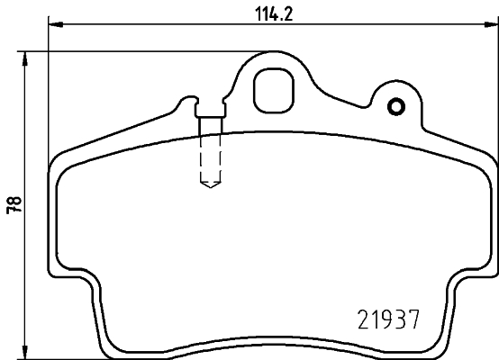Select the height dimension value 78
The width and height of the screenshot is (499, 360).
[x=12, y=204]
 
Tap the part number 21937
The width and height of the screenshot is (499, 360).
[x=385, y=319]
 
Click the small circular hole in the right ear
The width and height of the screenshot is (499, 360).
[x=395, y=109]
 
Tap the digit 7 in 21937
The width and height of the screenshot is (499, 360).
[x=414, y=319]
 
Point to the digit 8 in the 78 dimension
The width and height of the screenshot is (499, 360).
[x=12, y=200]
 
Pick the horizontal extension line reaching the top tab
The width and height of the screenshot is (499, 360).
[x=135, y=51]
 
